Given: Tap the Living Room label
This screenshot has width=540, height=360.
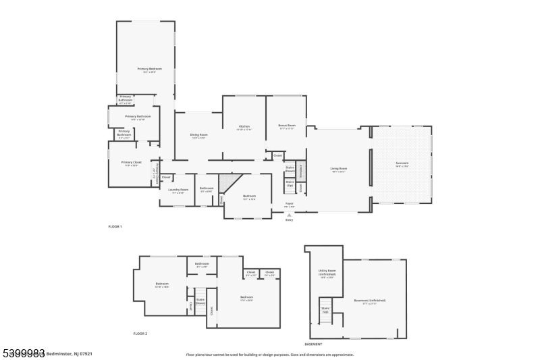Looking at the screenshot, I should tap(338, 169).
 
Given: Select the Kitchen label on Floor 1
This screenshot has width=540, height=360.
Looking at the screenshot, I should tap(244, 127).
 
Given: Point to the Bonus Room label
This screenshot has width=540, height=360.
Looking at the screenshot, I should tap(287, 126).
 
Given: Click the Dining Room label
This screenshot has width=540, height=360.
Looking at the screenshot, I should tap(198, 135).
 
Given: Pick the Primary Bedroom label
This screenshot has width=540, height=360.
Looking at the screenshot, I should tap(146, 70).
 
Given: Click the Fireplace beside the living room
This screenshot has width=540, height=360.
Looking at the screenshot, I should tap(301, 170).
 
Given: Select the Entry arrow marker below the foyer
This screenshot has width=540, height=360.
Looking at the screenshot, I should tap(290, 215).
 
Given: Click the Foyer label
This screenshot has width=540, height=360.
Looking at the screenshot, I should tap(289, 203).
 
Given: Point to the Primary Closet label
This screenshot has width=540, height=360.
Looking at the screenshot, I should tap(130, 163).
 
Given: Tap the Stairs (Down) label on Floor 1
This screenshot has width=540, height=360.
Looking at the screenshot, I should tap(290, 169).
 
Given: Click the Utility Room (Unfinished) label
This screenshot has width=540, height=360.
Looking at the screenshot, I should tap(326, 273).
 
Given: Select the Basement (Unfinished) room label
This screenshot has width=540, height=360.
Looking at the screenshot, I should tap(369, 301).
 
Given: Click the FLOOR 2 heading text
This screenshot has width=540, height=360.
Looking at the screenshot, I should tap(140, 334).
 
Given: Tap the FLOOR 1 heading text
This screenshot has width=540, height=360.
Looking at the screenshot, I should tap(115, 226).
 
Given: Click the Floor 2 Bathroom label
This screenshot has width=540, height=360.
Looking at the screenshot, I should tap(202, 265).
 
